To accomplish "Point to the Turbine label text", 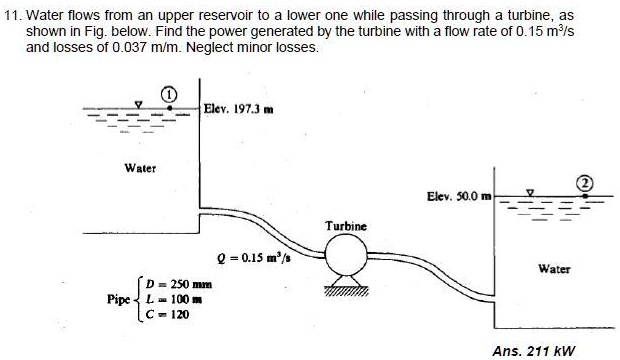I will (346, 227).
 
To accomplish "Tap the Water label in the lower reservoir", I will (554, 267).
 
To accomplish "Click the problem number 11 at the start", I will (11, 18).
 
